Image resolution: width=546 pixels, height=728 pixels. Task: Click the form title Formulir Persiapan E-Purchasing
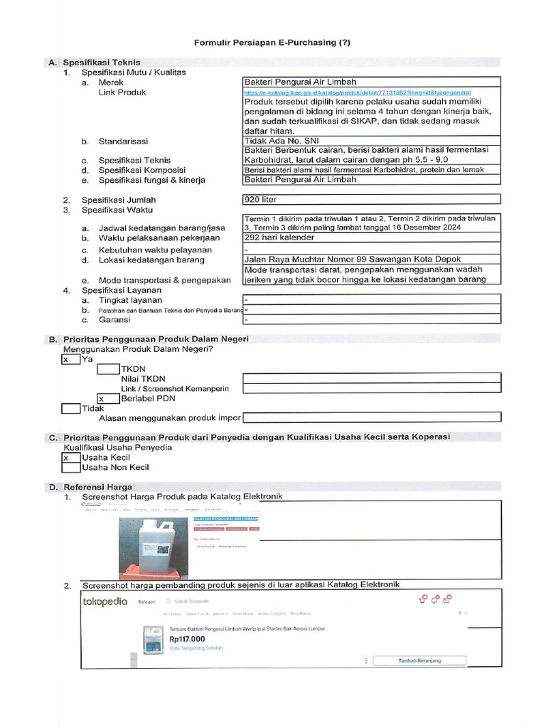pyautogui.click(x=272, y=43)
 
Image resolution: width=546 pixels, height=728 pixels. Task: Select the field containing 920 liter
pyautogui.click(x=372, y=200)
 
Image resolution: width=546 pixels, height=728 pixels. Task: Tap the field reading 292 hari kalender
pyautogui.click(x=372, y=237)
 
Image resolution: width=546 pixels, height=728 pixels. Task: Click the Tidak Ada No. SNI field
pyautogui.click(x=372, y=141)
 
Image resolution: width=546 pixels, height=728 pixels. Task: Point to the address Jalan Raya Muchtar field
pyautogui.click(x=372, y=259)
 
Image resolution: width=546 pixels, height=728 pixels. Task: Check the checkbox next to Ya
pyautogui.click(x=70, y=360)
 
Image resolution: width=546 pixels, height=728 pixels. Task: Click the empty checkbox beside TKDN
pyautogui.click(x=108, y=370)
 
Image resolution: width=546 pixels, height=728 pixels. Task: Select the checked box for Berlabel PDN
pyautogui.click(x=108, y=399)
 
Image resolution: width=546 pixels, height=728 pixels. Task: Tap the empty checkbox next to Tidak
pyautogui.click(x=70, y=409)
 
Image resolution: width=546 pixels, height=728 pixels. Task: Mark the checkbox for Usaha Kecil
pyautogui.click(x=70, y=458)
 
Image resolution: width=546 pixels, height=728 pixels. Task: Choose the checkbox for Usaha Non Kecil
pyautogui.click(x=70, y=468)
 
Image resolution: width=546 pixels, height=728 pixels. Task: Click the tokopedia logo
pyautogui.click(x=105, y=601)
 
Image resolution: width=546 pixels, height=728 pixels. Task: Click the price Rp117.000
pyautogui.click(x=188, y=638)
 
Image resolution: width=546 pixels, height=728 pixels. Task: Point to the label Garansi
pyautogui.click(x=114, y=320)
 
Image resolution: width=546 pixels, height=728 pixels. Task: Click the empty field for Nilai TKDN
pyautogui.click(x=372, y=379)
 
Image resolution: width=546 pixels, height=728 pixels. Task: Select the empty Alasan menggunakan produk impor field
pyautogui.click(x=372, y=417)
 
